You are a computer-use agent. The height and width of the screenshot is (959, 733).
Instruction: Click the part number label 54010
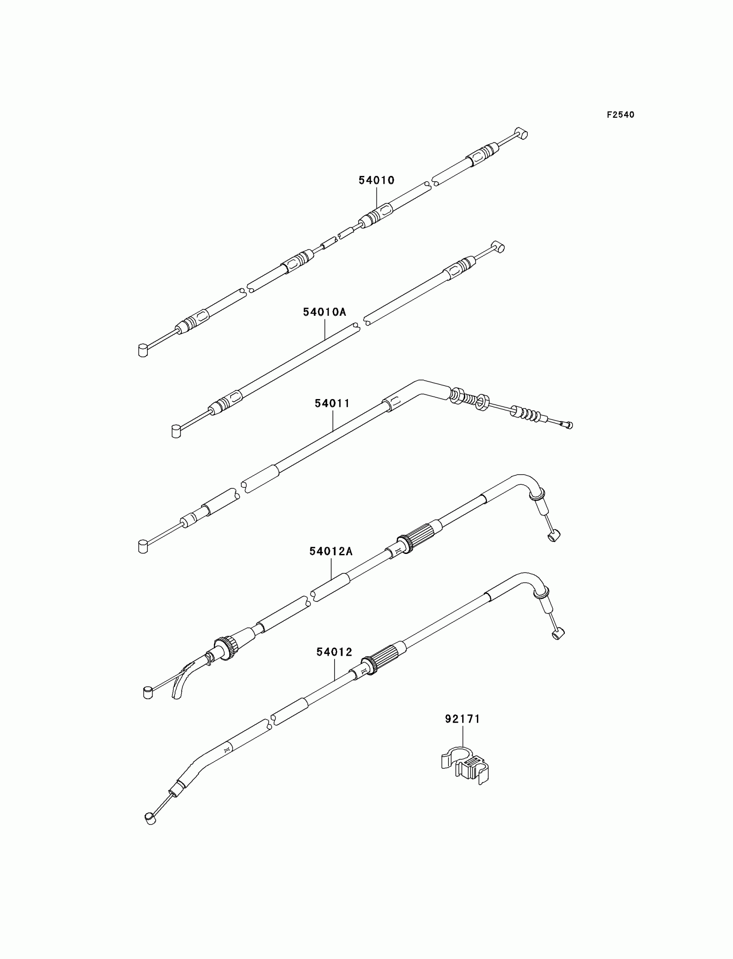(376, 180)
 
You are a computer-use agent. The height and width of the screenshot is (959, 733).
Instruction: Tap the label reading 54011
(332, 403)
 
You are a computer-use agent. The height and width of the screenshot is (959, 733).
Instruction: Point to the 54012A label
(331, 551)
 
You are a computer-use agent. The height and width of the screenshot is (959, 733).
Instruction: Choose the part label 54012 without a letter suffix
(334, 652)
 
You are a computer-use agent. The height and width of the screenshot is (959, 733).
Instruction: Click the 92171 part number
(462, 718)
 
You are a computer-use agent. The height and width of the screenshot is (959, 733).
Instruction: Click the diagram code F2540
(620, 115)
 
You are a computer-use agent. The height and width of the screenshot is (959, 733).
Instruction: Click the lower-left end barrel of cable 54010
(143, 350)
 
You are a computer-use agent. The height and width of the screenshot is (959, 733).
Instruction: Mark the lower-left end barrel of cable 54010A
(175, 431)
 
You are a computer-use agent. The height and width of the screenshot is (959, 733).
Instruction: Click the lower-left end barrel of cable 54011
(143, 547)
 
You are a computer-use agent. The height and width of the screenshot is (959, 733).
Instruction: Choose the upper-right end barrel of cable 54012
(558, 634)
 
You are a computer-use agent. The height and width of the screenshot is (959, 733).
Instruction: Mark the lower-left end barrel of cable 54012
(150, 818)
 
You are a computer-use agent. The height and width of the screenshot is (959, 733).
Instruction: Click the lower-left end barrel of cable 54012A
(148, 692)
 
